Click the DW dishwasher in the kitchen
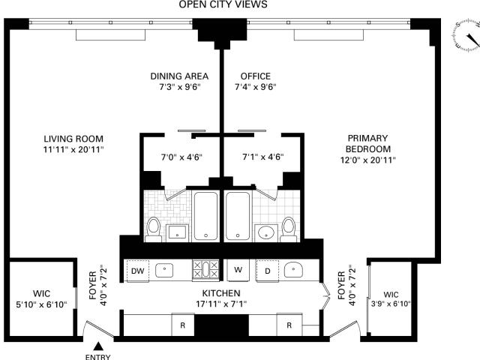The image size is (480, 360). pyautogui.click(x=138, y=271)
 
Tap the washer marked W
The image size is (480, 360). pyautogui.click(x=238, y=270)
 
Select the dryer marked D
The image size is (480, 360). pyautogui.click(x=268, y=271)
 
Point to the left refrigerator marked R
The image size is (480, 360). pyautogui.click(x=183, y=325)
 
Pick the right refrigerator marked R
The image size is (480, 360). pyautogui.click(x=289, y=325)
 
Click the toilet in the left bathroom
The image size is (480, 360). pyautogui.click(x=153, y=229)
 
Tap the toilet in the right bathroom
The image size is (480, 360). pyautogui.click(x=289, y=229)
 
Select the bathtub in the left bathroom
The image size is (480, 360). pyautogui.click(x=205, y=216)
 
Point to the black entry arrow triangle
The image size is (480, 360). pyautogui.click(x=98, y=346)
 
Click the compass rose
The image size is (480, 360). pyautogui.click(x=466, y=34)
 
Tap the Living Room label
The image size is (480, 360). pyautogui.click(x=73, y=139)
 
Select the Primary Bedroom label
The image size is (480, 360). pyautogui.click(x=367, y=143)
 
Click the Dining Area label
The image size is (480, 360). pyautogui.click(x=179, y=76)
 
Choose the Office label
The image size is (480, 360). pyautogui.click(x=256, y=76)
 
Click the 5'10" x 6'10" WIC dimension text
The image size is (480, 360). pyautogui.click(x=41, y=305)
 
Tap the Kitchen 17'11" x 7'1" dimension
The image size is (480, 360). pyautogui.click(x=221, y=304)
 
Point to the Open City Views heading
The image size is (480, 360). pyautogui.click(x=223, y=4)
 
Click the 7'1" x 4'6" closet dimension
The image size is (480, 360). pyautogui.click(x=263, y=157)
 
